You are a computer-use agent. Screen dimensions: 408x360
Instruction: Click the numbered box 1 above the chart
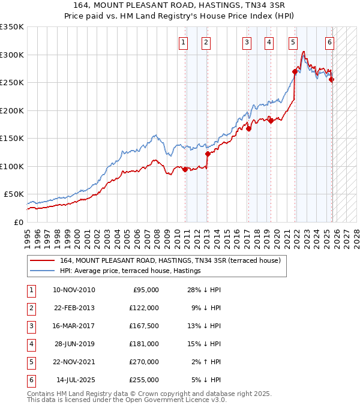coord(182,42)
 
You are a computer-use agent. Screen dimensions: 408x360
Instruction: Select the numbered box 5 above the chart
coord(292,42)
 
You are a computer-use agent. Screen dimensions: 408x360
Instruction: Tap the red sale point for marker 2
coord(208,154)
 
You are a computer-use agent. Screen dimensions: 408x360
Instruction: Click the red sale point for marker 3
coord(248,128)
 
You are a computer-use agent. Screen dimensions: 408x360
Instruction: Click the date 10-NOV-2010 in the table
coord(74,290)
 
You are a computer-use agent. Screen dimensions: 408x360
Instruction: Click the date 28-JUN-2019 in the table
coord(74,344)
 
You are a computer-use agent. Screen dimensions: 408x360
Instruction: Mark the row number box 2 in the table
coord(29,308)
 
